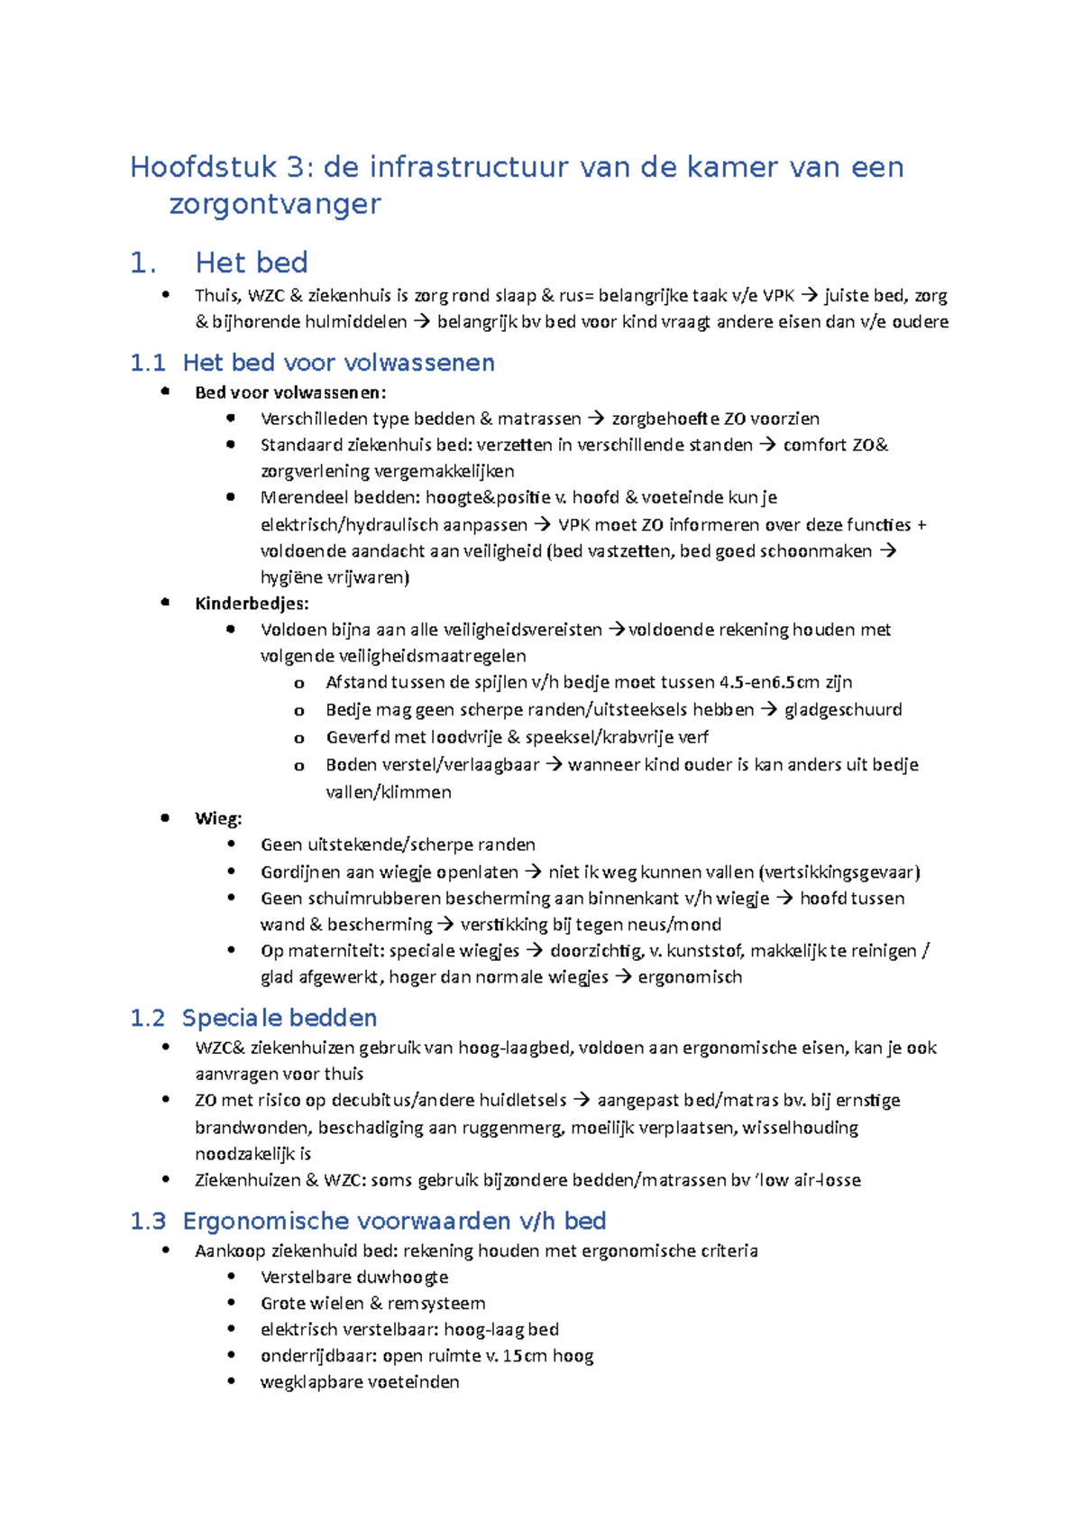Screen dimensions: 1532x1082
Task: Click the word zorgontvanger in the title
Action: tap(275, 204)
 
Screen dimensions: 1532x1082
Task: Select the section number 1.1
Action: tap(148, 363)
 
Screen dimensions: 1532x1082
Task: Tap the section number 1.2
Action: tap(148, 1018)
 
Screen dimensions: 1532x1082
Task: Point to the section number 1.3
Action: tap(148, 1221)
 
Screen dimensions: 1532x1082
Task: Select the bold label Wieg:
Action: tap(218, 818)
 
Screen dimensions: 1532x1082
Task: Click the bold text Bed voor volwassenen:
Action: tap(290, 392)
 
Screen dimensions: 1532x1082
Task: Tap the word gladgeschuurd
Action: tap(843, 709)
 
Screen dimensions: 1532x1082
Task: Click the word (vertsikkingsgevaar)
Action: tap(839, 872)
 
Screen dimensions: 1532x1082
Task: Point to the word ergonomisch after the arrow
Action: tap(690, 977)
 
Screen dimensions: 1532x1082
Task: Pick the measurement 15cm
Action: tap(524, 1355)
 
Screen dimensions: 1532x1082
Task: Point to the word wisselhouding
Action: tap(800, 1127)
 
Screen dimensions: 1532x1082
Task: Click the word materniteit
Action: tap(333, 950)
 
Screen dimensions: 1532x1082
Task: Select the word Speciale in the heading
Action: tap(233, 1018)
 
